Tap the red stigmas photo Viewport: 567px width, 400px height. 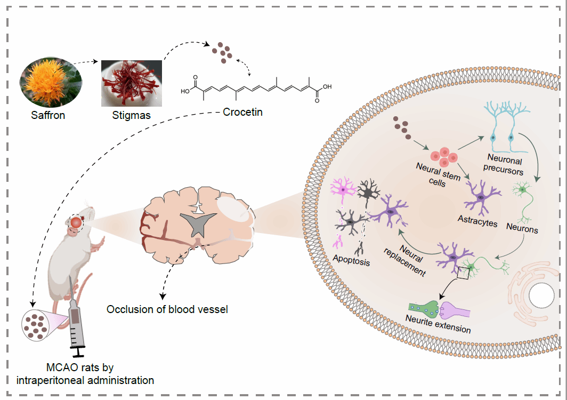click(132, 83)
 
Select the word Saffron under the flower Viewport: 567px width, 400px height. click(48, 115)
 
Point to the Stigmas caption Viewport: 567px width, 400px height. click(132, 115)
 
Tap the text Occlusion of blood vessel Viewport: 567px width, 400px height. click(167, 309)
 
